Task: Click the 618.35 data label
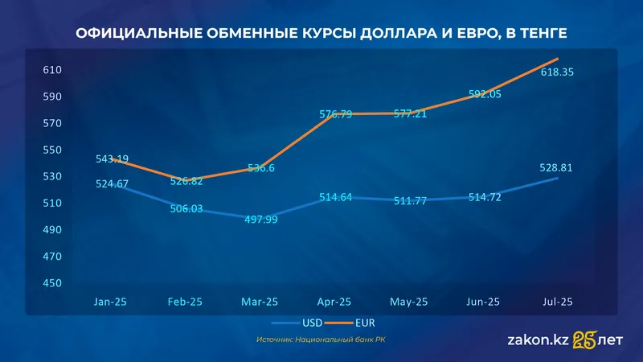click(558, 72)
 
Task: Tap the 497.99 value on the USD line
click(260, 219)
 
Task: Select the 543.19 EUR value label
click(112, 158)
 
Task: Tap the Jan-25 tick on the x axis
click(111, 302)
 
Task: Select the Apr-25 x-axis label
click(334, 302)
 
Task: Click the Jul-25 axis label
click(558, 302)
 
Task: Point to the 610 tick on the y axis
click(52, 70)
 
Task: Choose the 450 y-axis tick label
click(52, 283)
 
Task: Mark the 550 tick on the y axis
click(52, 150)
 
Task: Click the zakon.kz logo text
click(538, 340)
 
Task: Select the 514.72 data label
click(483, 197)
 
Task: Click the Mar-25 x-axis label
click(260, 302)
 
